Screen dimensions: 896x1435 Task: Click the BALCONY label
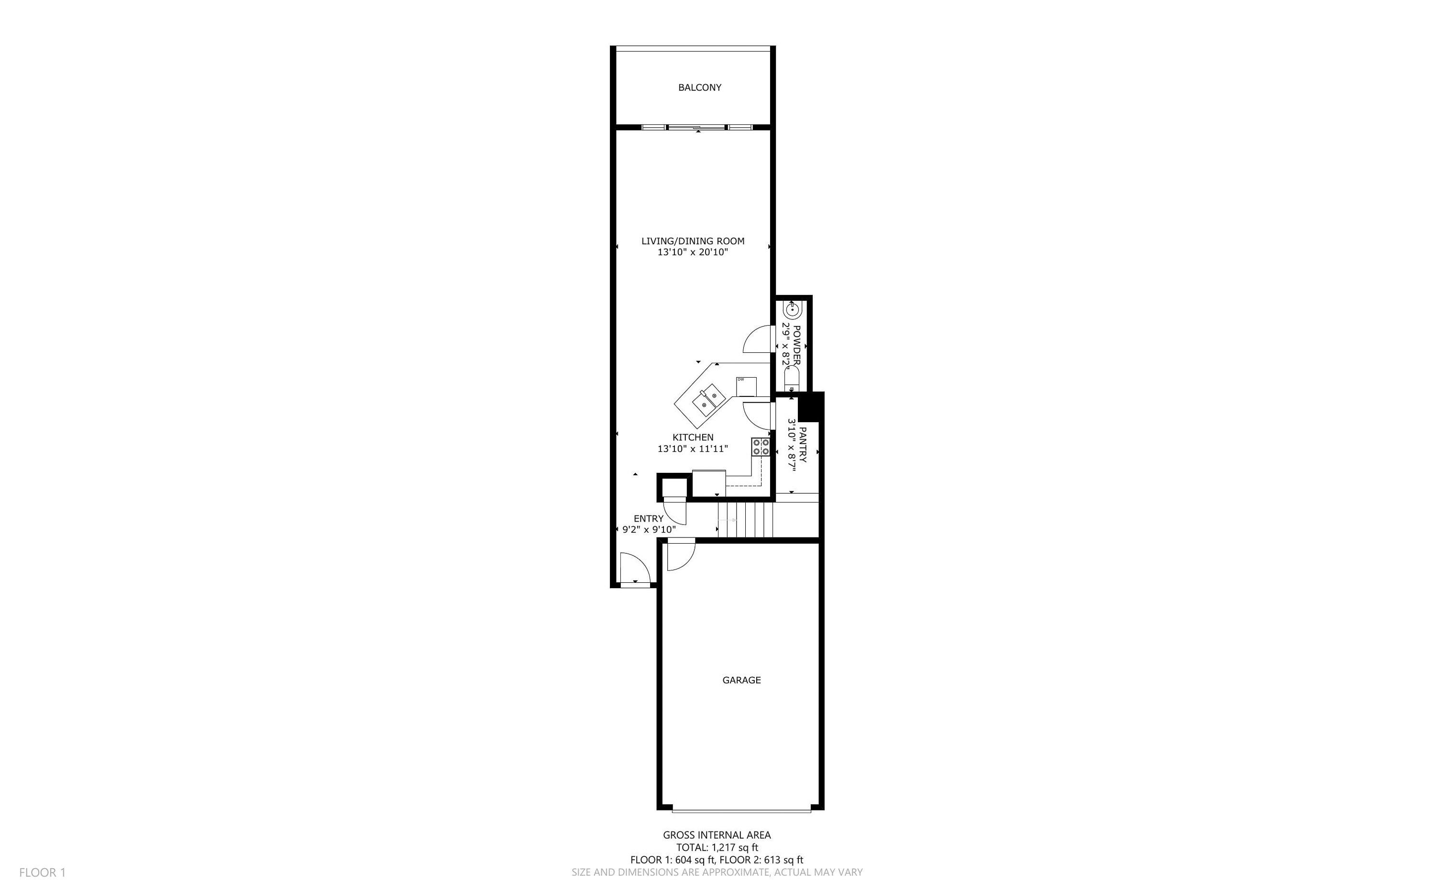[699, 87]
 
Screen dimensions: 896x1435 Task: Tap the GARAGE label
[741, 680]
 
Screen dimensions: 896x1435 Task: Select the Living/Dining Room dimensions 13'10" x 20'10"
[692, 252]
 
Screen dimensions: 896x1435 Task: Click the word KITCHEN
[692, 437]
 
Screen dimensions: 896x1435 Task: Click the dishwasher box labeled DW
[746, 386]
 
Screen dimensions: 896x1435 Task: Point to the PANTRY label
[803, 445]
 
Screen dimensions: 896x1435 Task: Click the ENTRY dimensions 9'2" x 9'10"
[649, 530]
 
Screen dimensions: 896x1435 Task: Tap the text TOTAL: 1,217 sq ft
[717, 847]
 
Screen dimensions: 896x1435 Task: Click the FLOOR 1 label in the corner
[42, 872]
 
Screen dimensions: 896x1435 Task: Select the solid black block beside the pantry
[810, 406]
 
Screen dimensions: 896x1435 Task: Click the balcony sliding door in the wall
[696, 127]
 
